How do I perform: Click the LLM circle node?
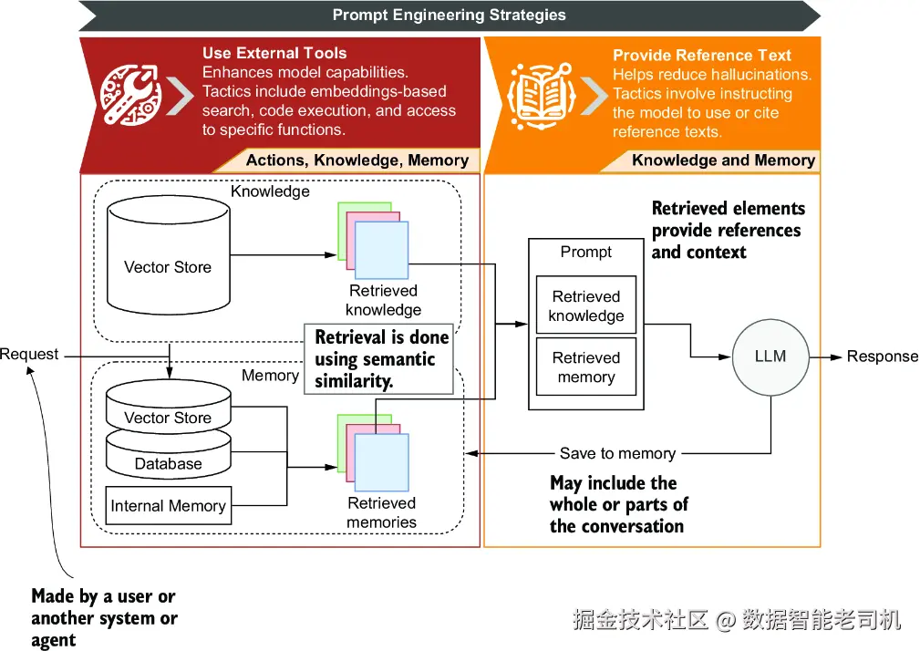coord(770,356)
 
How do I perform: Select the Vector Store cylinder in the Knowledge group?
coord(169,255)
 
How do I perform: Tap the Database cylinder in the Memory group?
coord(169,455)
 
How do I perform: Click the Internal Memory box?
coord(169,505)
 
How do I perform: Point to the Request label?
coord(29,355)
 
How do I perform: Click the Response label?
coord(883,356)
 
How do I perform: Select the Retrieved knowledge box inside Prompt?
coord(586,305)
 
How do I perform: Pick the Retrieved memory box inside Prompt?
coord(586,367)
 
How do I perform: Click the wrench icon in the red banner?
coord(130,95)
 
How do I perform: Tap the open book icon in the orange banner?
coord(541,96)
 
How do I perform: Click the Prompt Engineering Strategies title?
coord(450,15)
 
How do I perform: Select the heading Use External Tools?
coord(274,53)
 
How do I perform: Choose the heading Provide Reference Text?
coord(702,55)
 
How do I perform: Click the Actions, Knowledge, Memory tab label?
coord(357,160)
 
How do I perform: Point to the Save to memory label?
coord(618,453)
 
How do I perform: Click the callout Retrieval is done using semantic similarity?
coord(379,359)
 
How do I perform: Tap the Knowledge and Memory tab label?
coord(723,160)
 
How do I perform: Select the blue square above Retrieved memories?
coord(382,463)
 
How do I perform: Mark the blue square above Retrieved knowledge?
coord(382,251)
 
